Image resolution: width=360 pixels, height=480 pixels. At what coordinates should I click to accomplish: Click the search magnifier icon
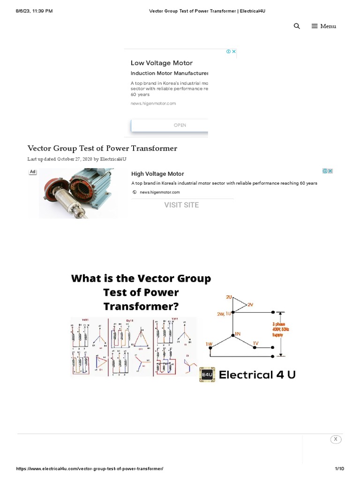coord(297,26)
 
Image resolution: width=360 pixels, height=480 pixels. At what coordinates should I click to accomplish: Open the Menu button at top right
coord(324,26)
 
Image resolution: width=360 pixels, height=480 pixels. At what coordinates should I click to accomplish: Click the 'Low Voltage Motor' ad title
coord(161,63)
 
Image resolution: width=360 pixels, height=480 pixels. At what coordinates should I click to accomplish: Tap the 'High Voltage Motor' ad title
coord(157,174)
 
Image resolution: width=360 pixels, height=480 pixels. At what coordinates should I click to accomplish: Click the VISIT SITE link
coord(181,205)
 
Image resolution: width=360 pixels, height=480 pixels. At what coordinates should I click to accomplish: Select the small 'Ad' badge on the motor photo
coord(33,172)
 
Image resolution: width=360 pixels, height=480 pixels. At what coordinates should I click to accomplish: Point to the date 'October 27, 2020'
coord(75,159)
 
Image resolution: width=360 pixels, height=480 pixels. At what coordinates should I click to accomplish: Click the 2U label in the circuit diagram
coord(229,297)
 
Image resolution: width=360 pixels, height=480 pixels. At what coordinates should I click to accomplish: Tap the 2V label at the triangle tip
coord(250,305)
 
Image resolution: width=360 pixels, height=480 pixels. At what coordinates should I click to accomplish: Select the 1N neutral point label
coord(237,334)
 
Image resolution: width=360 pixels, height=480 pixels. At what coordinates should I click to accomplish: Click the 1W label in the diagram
coord(209,344)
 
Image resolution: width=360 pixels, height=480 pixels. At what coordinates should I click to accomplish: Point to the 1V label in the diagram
coord(255,343)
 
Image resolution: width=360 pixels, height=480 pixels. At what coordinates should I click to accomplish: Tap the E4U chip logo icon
coord(207,375)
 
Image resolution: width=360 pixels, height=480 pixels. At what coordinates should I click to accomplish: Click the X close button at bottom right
coord(335,439)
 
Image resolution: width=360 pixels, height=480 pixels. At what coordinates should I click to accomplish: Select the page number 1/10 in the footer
coord(339,469)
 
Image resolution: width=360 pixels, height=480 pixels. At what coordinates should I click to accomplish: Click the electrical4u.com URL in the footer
coord(90,469)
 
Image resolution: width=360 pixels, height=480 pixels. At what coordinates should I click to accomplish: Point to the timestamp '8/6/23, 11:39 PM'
coord(34,11)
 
